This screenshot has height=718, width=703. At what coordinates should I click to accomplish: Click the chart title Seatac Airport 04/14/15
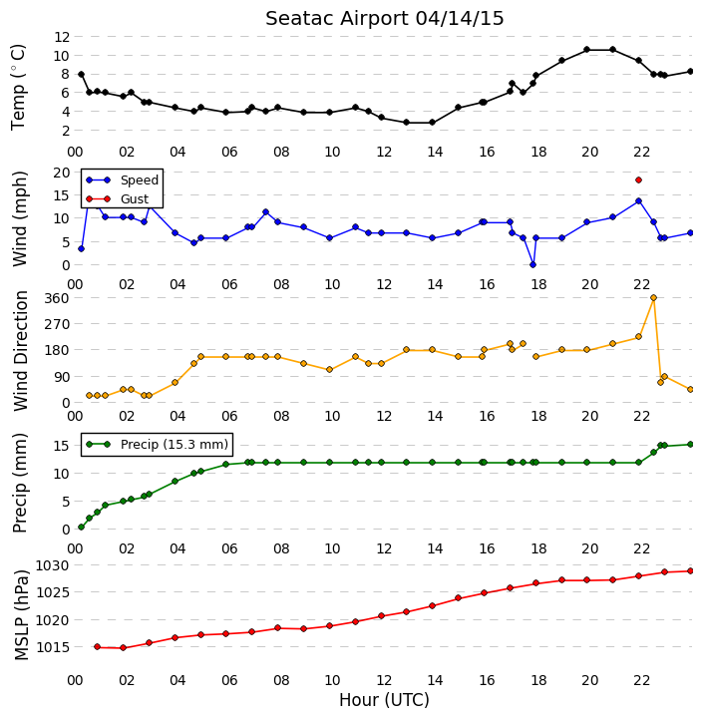(384, 19)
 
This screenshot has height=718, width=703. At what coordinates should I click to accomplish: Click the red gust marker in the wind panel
(638, 179)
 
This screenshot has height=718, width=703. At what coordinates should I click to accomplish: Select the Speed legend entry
(123, 179)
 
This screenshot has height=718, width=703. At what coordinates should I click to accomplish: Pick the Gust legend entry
(118, 198)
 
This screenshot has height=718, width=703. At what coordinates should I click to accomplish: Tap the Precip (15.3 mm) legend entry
(158, 444)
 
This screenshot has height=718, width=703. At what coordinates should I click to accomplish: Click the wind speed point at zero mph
(532, 264)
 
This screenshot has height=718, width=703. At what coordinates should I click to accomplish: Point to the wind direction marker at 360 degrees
(653, 297)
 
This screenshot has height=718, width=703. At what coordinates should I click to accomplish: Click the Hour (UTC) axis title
(384, 700)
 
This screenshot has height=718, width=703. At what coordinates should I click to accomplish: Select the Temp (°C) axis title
(18, 87)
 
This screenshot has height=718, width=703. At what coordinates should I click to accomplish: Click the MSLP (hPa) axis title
(21, 615)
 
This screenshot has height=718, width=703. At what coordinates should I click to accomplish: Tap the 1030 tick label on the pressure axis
(52, 566)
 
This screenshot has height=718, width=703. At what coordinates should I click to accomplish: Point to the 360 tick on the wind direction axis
(58, 298)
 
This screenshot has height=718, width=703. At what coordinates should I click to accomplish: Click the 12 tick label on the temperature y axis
(62, 37)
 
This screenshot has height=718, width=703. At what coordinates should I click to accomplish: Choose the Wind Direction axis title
(21, 351)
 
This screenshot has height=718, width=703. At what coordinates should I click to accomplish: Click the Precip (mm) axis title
(20, 483)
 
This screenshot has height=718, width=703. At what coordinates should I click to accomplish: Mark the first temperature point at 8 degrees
(81, 74)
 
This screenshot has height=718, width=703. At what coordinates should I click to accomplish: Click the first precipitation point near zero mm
(81, 528)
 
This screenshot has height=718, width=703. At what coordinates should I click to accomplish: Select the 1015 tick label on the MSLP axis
(52, 647)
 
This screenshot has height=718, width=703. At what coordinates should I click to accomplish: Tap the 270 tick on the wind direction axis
(58, 324)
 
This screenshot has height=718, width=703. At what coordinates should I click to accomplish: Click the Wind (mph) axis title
(20, 218)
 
